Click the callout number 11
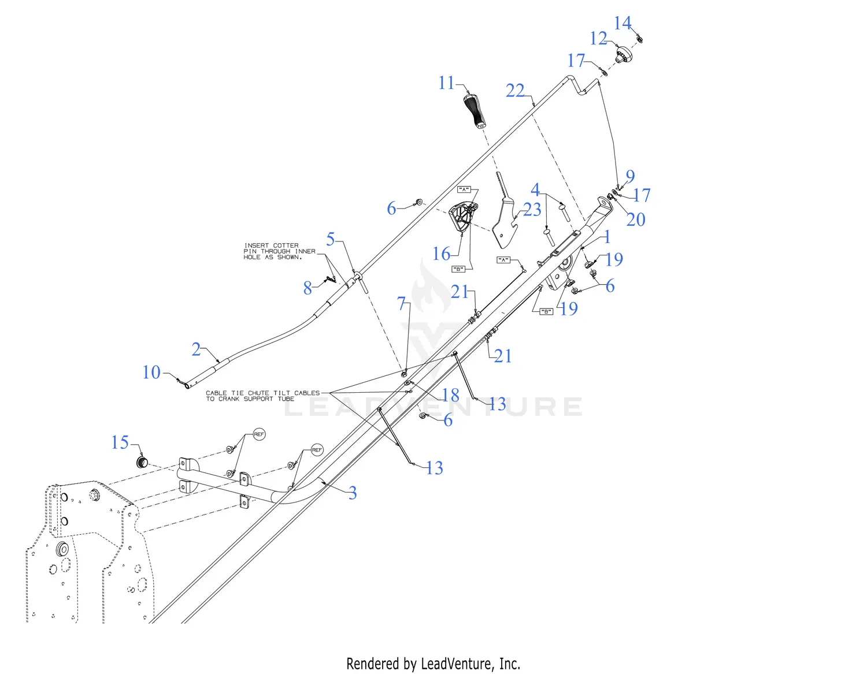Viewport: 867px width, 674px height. click(446, 83)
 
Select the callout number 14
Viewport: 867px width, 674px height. click(622, 23)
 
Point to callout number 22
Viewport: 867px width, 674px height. click(514, 91)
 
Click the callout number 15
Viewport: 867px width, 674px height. click(120, 442)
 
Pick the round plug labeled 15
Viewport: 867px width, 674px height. click(142, 462)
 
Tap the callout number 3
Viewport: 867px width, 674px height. click(352, 493)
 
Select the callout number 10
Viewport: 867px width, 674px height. click(151, 372)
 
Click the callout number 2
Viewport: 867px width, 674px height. click(196, 349)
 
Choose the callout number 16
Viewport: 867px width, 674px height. click(441, 254)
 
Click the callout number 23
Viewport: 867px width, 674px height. click(532, 209)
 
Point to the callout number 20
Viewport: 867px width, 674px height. click(635, 219)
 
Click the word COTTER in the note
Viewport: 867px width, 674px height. click(286, 245)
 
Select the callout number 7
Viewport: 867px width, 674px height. click(402, 303)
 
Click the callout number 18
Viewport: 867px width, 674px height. click(450, 395)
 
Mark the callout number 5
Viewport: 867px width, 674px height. click(331, 239)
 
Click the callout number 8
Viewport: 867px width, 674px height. click(307, 288)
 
